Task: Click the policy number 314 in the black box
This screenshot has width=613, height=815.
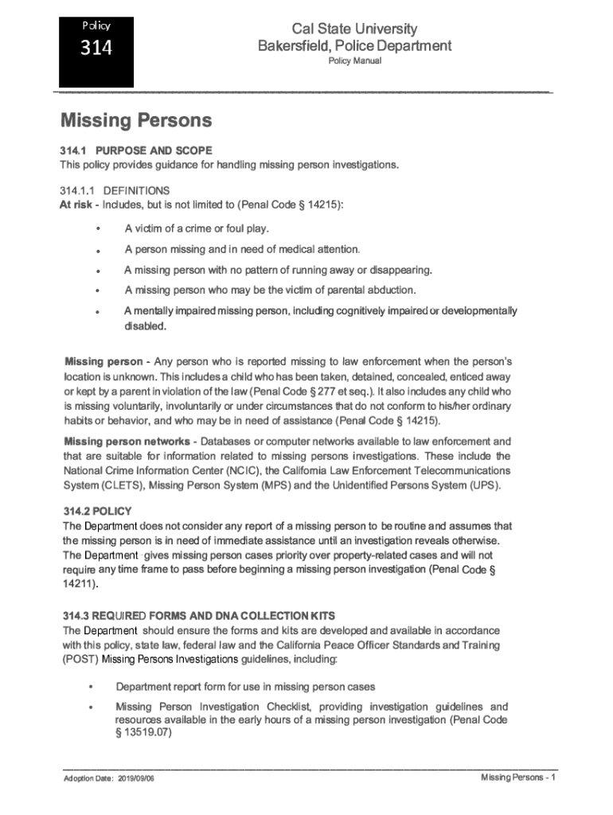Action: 96,49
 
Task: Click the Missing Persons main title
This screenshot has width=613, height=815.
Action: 136,121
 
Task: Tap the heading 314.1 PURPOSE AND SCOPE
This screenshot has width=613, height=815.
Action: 135,150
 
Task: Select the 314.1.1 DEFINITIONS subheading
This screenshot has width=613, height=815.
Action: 115,191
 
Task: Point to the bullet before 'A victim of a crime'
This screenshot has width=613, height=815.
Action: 97,229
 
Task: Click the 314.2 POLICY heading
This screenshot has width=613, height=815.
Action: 97,511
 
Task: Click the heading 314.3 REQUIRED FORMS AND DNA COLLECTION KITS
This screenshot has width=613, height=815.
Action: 198,616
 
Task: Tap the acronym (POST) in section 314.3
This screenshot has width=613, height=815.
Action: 80,660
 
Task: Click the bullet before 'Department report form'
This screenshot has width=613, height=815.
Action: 92,687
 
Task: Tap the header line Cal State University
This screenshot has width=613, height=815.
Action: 354,29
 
